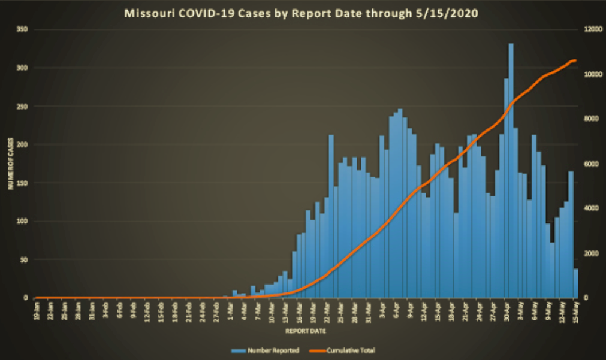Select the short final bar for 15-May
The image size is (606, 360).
576,283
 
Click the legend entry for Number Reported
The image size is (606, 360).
272,350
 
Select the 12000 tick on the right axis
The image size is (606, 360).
593,29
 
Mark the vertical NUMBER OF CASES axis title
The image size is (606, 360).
10,163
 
